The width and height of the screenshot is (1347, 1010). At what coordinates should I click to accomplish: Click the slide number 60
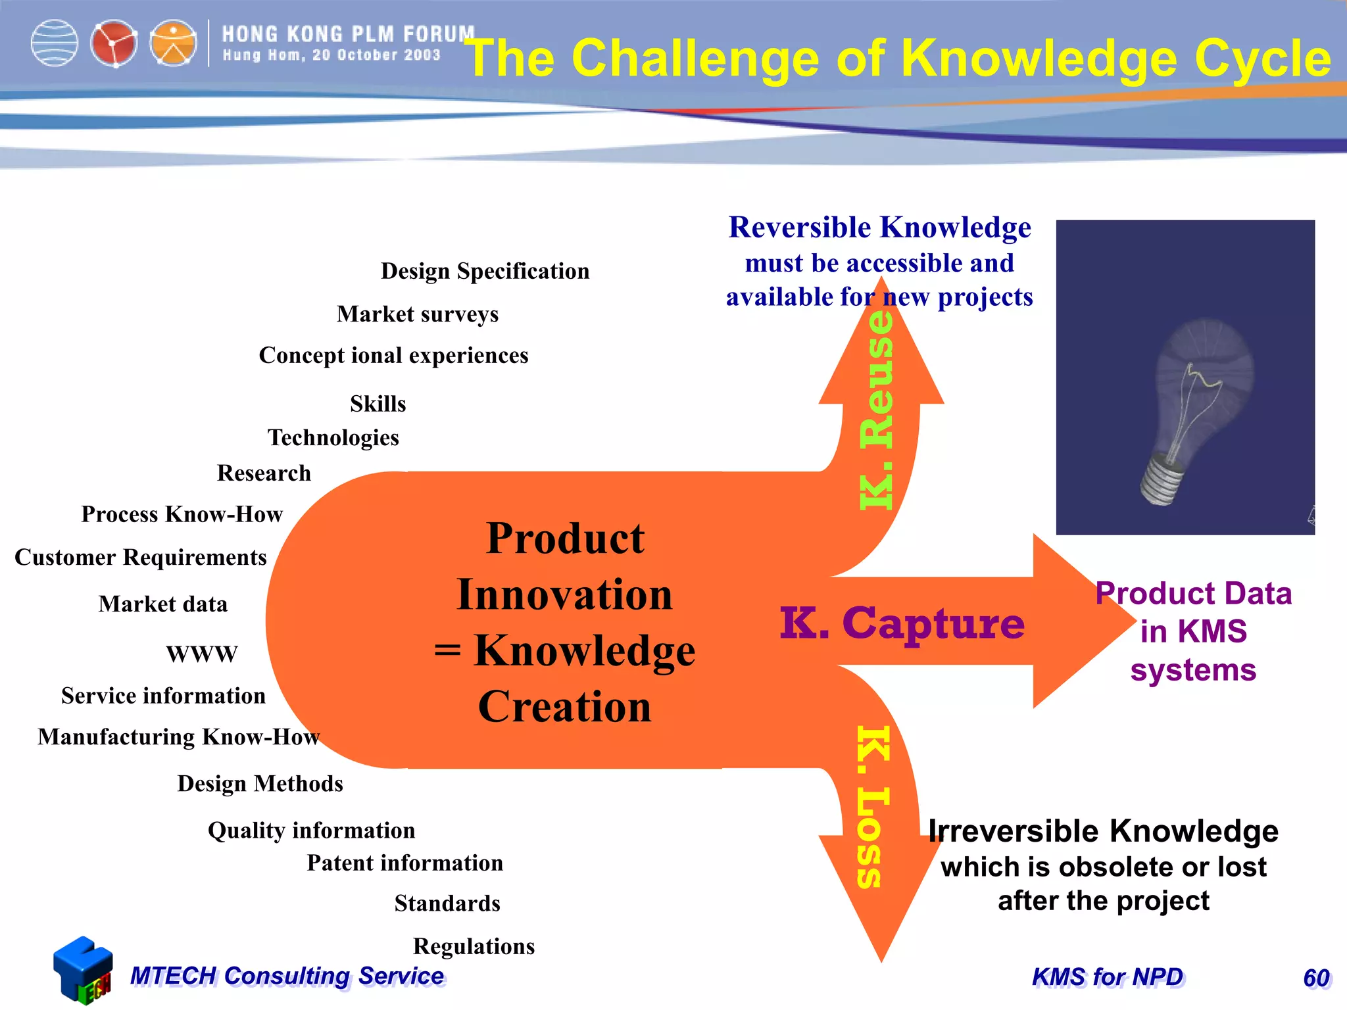tap(1316, 978)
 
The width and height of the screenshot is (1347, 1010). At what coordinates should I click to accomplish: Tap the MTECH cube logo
tap(82, 970)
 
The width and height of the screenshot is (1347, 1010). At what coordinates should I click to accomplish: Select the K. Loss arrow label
tap(873, 807)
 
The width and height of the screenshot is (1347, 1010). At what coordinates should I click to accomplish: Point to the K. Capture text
tap(902, 623)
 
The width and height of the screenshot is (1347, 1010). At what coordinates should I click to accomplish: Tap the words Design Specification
tap(485, 271)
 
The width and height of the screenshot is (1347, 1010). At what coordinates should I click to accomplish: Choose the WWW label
tap(202, 654)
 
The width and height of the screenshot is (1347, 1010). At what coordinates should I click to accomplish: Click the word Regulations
tap(474, 946)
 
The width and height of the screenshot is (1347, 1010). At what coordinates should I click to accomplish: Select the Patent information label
tap(404, 863)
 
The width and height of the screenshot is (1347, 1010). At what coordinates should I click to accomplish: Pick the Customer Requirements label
tap(141, 557)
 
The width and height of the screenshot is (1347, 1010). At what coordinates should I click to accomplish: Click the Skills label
tap(378, 403)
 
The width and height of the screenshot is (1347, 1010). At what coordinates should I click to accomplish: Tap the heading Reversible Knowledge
tap(879, 228)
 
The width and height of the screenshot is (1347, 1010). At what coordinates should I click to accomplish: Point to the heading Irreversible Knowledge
tap(1103, 831)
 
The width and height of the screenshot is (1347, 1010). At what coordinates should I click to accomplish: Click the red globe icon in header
tap(114, 43)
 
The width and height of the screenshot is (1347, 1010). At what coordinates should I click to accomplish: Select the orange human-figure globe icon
tap(173, 43)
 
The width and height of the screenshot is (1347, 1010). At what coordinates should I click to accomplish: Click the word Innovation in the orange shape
tap(564, 594)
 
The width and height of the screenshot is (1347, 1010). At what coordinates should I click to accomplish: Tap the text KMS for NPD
tap(1108, 977)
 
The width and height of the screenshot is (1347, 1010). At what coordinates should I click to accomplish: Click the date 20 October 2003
tap(376, 55)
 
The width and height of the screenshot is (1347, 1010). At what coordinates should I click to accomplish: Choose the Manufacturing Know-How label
tap(178, 736)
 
